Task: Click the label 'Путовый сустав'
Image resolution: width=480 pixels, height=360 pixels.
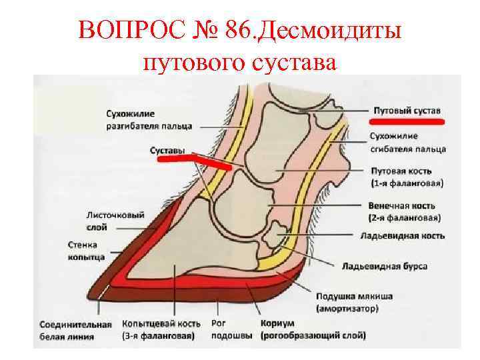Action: [x=406, y=110]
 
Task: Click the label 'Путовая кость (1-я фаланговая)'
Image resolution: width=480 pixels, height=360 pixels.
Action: [x=407, y=176]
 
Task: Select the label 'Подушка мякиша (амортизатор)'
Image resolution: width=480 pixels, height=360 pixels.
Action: [x=353, y=301]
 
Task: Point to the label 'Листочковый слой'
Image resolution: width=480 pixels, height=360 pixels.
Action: [x=107, y=221]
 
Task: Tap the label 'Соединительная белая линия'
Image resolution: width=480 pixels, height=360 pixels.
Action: [x=75, y=330]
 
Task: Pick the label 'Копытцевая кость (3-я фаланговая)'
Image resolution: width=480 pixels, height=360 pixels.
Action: [x=158, y=330]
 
